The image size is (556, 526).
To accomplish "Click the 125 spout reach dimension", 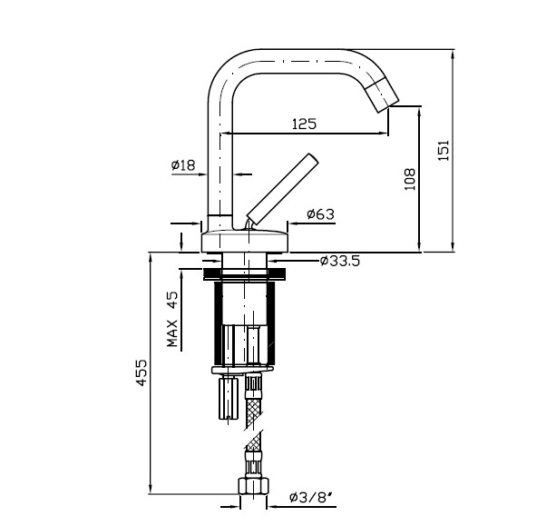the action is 304,124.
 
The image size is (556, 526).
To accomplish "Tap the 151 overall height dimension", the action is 444,150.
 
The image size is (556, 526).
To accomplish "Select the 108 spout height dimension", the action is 410,179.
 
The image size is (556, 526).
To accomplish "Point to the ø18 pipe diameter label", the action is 183,164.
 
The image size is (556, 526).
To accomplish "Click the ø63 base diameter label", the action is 320,214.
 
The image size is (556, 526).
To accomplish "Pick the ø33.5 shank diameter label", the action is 340,261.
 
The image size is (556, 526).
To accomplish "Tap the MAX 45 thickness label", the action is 172,319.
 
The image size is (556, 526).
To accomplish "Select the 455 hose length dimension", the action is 141,372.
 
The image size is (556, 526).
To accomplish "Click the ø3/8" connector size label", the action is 312,497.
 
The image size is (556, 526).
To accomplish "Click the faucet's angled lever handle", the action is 282,189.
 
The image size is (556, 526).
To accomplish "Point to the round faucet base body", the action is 245,241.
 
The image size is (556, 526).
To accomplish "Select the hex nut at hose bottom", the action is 253,485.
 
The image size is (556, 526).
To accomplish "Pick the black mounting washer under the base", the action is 245,273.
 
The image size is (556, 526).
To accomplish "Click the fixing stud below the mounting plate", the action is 229,398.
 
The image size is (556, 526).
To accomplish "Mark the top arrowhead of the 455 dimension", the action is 151,258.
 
